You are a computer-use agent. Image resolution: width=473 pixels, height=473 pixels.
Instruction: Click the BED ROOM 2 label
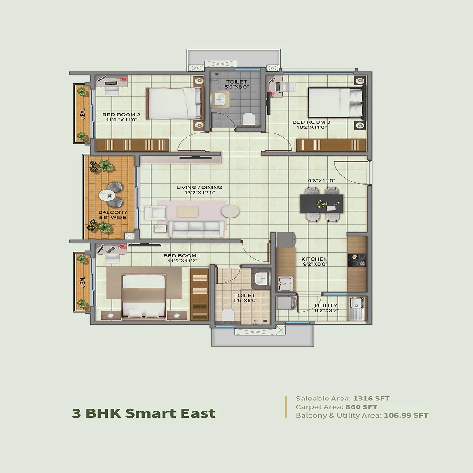tap(121, 115)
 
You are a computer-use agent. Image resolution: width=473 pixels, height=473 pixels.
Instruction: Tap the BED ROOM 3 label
tap(311, 122)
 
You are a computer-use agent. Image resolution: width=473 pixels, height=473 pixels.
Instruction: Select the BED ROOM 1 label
tap(182, 255)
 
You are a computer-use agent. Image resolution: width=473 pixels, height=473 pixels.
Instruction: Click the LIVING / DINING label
tap(199, 188)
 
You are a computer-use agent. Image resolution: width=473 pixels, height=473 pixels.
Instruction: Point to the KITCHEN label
tap(314, 259)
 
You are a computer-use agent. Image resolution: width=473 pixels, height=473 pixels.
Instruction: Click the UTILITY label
tap(326, 305)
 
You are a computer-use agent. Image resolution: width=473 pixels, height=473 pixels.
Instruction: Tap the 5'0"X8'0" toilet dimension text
tap(236, 87)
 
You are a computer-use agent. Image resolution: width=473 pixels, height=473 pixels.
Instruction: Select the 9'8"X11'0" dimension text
tap(321, 181)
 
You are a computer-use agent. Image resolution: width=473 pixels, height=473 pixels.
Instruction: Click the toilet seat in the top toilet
tap(248, 119)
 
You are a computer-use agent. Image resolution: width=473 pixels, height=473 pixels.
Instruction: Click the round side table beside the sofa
tap(230, 211)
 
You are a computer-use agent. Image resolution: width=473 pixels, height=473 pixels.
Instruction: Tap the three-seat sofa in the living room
tap(196, 229)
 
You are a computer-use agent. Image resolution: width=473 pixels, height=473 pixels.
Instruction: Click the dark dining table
tap(321, 203)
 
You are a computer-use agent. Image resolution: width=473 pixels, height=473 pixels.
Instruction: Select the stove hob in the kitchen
tap(357, 260)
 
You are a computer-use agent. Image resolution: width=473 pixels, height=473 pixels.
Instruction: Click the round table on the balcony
tap(110, 196)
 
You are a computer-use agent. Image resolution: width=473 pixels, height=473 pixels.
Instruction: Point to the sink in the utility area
tap(357, 303)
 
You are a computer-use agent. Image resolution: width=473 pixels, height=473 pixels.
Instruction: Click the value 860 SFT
tap(361, 407)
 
